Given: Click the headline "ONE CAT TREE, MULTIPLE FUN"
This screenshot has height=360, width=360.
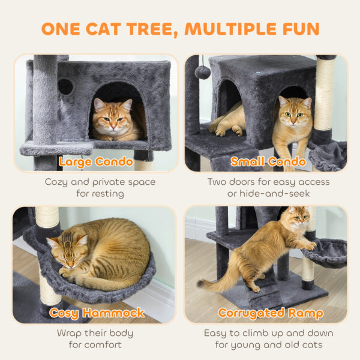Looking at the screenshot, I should (180, 28).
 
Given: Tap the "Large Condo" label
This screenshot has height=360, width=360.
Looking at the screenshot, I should (97, 161).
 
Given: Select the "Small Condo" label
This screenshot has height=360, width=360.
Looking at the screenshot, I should (268, 161).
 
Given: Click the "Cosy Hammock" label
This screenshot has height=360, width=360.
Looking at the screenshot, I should (97, 313).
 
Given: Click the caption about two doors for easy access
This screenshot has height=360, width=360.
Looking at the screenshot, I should (268, 187).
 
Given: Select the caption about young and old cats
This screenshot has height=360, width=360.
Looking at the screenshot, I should (268, 338).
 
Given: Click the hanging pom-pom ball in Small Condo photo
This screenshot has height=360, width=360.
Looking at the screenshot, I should (202, 73).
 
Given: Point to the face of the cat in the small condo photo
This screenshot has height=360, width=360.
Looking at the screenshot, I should (294, 110).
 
